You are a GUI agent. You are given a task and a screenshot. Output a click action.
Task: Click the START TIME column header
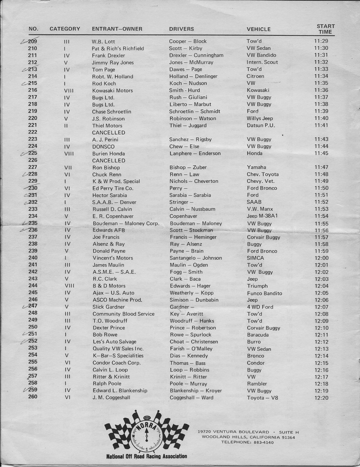[326, 29]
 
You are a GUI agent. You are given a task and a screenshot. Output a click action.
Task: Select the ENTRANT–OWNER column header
[117, 29]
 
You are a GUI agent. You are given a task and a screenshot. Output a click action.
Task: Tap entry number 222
[33, 132]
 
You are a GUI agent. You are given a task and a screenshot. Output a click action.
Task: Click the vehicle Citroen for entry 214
[255, 76]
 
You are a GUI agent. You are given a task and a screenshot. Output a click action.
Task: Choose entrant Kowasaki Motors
[112, 91]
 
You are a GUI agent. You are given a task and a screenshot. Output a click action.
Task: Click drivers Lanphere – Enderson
[195, 153]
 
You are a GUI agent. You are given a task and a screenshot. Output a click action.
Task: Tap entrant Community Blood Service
[124, 314]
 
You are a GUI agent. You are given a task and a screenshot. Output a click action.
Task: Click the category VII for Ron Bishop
[68, 168]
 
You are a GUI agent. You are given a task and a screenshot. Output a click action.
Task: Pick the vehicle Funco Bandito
[265, 293]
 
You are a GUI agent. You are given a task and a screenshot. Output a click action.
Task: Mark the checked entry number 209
[32, 41]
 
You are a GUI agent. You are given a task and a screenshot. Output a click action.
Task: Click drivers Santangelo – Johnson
[196, 258]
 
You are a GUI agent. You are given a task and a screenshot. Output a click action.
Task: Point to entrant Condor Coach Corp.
[116, 363]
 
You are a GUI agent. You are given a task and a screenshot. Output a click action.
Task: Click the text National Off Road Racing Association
[147, 456]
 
